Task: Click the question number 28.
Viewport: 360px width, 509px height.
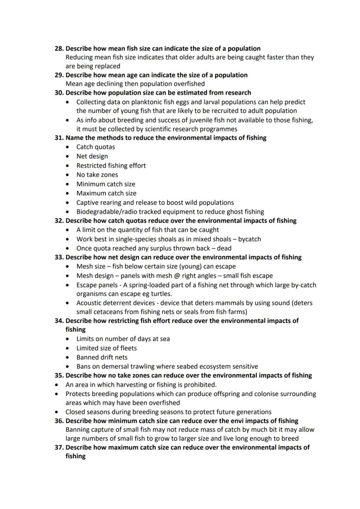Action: (59, 48)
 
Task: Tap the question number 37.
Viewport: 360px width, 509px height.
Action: (59, 447)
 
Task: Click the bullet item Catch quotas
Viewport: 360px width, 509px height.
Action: (96, 147)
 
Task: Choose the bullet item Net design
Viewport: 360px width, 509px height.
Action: (92, 156)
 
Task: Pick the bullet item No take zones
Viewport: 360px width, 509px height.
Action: (97, 175)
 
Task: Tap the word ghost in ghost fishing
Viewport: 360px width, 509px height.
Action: (230, 212)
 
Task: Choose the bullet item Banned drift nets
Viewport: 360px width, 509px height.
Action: (102, 357)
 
